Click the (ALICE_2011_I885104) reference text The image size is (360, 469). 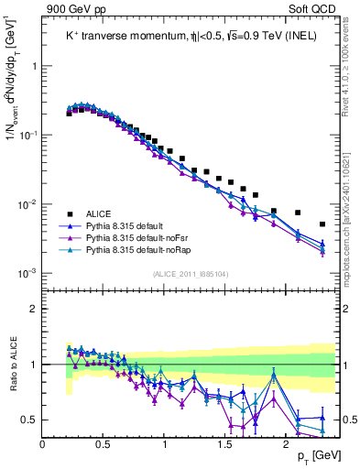tap(190, 273)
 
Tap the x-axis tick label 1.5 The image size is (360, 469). tap(224, 443)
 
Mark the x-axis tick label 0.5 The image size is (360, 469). tap(103, 443)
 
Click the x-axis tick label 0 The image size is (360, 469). tap(43, 443)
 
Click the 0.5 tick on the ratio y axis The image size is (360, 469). tap(30, 420)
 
